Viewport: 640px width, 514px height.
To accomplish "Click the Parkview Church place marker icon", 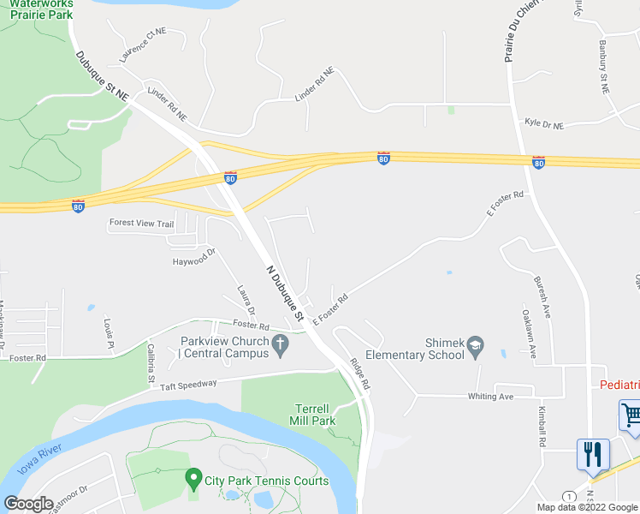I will coord(280,344).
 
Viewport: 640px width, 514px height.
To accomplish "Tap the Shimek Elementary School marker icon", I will coord(476,349).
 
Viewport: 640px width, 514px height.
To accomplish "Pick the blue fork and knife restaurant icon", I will coord(593,454).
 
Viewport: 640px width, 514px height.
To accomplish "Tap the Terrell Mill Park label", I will coord(311,414).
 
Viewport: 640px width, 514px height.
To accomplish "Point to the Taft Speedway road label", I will coord(188,385).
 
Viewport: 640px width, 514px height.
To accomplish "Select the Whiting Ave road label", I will coord(489,397).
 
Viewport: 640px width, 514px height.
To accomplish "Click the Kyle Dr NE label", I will coord(545,125).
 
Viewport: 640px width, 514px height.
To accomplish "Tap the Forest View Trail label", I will coord(141,224).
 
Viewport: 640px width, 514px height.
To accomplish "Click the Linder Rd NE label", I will coord(313,87).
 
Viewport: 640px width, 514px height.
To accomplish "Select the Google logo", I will coord(29,503).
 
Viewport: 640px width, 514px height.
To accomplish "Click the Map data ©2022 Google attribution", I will coord(587,507).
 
